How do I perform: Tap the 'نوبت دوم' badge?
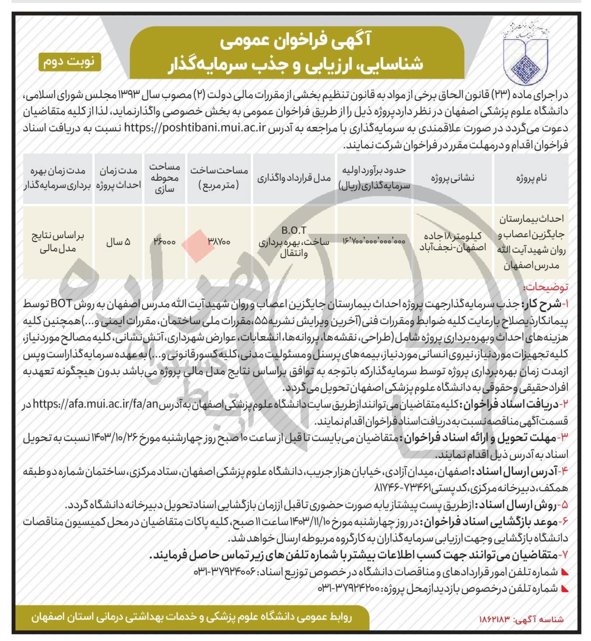click(x=70, y=62)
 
